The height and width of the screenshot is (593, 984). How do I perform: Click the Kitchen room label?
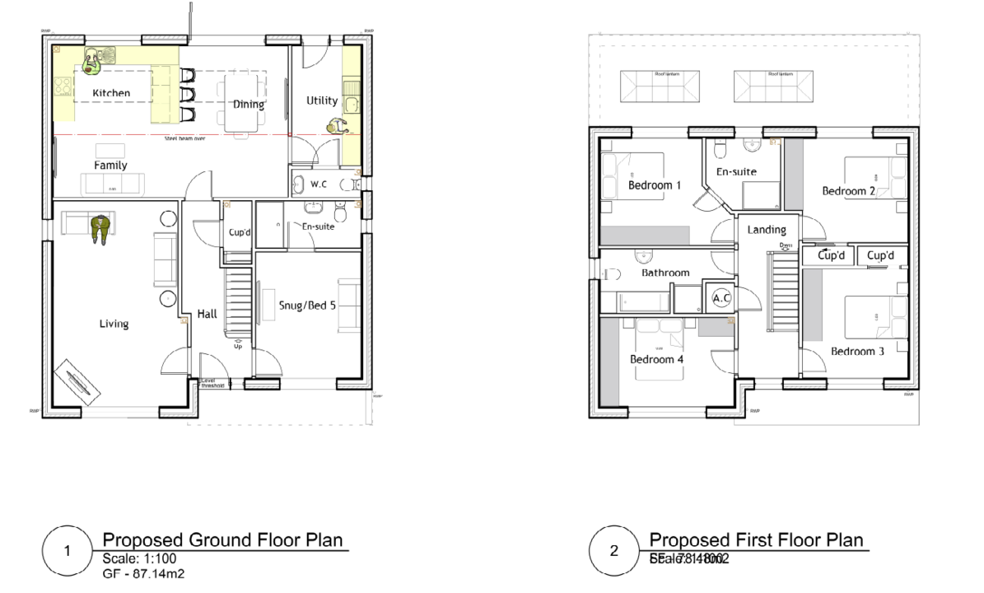coord(111,93)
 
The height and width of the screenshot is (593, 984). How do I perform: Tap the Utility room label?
coord(322,100)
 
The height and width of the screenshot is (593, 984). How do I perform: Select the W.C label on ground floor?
coord(319,184)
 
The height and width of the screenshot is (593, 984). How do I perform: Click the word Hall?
coord(207,314)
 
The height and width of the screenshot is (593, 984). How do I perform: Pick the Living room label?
coord(114,324)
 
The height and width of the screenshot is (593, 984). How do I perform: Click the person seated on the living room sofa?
coord(100,229)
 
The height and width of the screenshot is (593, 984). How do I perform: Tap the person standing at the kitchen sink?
coord(94,60)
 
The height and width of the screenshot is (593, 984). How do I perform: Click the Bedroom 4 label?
coord(656,359)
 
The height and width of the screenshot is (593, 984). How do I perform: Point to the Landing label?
coord(767,230)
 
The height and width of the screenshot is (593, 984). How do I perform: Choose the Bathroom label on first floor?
coord(665,273)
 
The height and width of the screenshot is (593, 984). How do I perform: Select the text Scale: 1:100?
coord(134,558)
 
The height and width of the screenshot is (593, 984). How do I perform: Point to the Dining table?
coord(243,103)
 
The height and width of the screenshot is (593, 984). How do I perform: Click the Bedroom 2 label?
coord(848,191)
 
